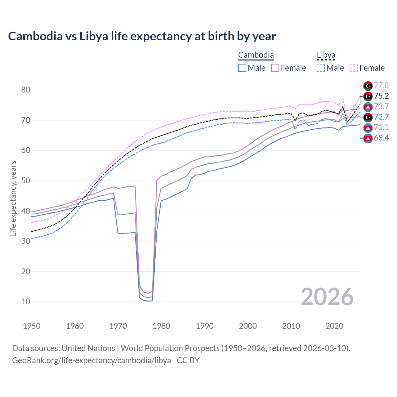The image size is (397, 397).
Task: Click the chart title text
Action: tap(142, 36)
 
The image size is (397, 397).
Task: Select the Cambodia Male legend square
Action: tap(242, 68)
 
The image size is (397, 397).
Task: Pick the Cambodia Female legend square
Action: tap(275, 68)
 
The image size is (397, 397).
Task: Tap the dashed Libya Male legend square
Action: tap(321, 68)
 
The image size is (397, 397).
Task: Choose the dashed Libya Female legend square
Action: tap(354, 68)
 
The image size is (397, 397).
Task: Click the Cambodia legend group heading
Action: tap(256, 55)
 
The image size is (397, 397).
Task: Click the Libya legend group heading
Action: tap(326, 55)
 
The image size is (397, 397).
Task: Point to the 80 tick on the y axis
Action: tap(26, 90)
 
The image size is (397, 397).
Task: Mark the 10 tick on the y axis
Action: tap(26, 301)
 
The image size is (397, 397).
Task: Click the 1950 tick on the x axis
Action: tap(32, 326)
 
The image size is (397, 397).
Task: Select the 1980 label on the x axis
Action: tap(161, 326)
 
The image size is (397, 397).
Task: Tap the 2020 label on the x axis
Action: tap(334, 326)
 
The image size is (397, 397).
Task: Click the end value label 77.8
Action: tap(381, 86)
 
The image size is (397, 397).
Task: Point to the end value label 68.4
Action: tap(381, 138)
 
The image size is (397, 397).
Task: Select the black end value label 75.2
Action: tap(381, 96)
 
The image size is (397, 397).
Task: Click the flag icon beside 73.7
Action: tap(368, 107)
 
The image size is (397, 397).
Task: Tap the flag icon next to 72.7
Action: tap(368, 117)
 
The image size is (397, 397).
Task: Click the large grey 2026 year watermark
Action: tap(327, 297)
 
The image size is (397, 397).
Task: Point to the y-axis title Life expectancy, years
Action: tap(13, 198)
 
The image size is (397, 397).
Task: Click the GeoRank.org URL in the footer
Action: tap(91, 360)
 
